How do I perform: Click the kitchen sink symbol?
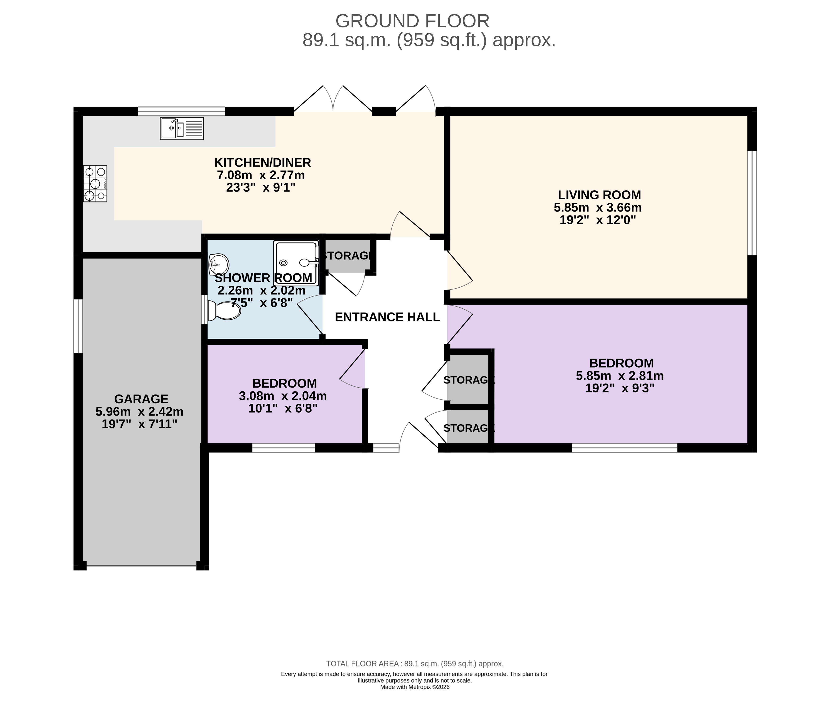point(182,128)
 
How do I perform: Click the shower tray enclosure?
point(296,263)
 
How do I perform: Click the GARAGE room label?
point(141,399)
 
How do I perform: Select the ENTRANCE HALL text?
point(387,317)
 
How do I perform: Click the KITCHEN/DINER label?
point(262,162)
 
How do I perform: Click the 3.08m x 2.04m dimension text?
point(283,396)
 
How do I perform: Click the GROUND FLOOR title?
point(412,21)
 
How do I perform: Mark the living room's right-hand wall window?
point(752,202)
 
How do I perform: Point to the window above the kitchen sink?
point(182,111)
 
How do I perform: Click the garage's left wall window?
point(78,326)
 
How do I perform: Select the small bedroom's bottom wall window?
point(284,448)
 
